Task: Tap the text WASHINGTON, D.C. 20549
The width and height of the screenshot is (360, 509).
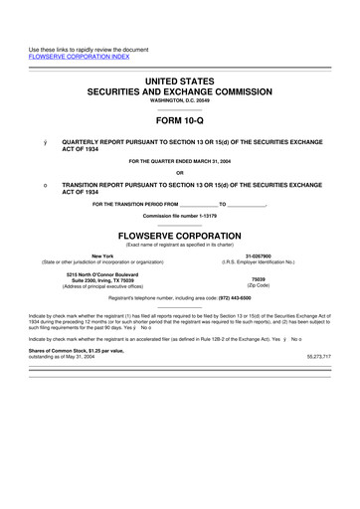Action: [x=179, y=100]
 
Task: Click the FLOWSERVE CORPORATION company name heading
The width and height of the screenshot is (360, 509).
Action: [x=179, y=237]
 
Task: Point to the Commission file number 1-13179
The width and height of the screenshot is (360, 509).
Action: [x=179, y=216]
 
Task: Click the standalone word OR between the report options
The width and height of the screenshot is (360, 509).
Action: [x=179, y=175]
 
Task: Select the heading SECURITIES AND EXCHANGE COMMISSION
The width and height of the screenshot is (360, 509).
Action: [x=179, y=89]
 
